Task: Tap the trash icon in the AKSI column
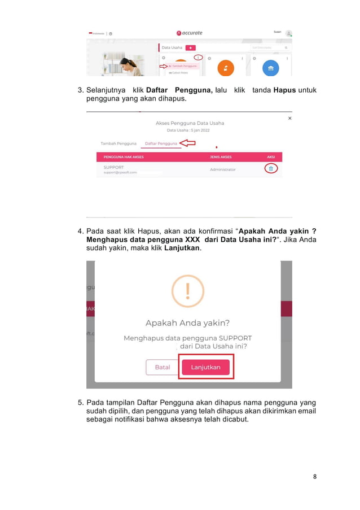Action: [271, 169]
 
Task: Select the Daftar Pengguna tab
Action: [161, 143]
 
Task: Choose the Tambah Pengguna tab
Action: [119, 143]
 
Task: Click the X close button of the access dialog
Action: [290, 118]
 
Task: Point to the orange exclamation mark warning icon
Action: [188, 291]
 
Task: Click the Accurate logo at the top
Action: [189, 33]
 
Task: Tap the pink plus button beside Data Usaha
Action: [191, 48]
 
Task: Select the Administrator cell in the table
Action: [222, 169]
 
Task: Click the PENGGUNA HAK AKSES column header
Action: [124, 157]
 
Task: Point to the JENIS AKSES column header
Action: [221, 157]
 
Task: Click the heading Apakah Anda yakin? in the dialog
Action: [187, 323]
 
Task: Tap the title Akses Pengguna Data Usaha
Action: [190, 123]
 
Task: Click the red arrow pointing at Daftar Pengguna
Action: [187, 143]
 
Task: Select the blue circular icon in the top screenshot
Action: [271, 68]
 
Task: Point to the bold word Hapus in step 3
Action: [284, 90]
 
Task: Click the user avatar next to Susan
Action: [288, 33]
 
